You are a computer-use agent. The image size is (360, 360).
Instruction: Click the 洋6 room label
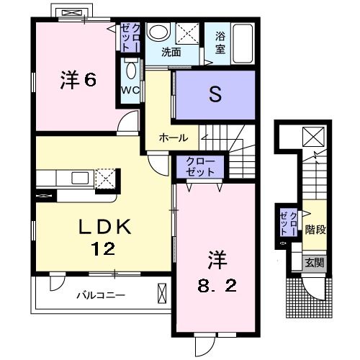tap(77, 80)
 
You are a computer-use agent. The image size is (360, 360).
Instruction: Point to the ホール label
tap(174, 138)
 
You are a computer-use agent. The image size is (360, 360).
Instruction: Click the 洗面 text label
tap(171, 53)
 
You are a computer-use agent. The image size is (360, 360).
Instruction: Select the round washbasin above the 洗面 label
tap(157, 33)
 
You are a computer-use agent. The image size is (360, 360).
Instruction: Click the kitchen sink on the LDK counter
tap(78, 178)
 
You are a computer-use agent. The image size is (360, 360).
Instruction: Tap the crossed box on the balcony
tap(161, 294)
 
